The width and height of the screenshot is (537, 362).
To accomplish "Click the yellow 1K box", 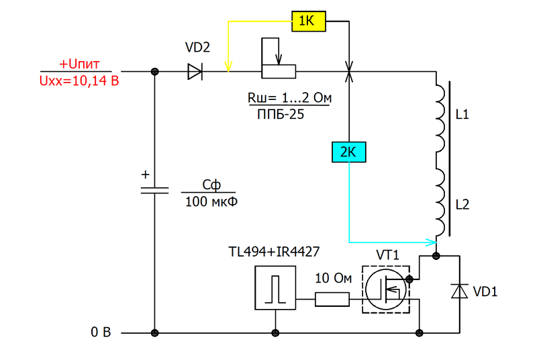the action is pos(309,21).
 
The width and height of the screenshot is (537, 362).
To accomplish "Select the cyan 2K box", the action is pos(349,152).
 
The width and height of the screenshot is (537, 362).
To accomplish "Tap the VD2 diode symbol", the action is pos(195,72).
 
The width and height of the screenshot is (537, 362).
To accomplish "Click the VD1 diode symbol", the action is pos(459,291).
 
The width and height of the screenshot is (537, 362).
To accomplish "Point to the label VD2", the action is pos(197,47).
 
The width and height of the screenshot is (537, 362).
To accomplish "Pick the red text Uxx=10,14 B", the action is pos(79,81).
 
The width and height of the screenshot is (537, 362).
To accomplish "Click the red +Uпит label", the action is pos(79,64).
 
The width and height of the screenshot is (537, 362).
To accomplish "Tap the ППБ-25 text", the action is pos(281,114).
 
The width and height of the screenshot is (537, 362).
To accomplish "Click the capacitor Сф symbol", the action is pos(154,191).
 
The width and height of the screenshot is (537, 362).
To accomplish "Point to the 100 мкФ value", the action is pos(211,201).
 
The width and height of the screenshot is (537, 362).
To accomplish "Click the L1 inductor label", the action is pos(462,114).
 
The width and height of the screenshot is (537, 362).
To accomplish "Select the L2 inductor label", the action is pos(462,205).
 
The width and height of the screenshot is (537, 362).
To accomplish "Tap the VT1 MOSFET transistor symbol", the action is pos(386,289).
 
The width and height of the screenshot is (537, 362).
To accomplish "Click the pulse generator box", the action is pos(275,288).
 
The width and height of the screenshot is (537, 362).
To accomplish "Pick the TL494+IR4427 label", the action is pos(274,252).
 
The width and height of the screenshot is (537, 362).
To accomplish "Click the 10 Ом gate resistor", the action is pos(332,300).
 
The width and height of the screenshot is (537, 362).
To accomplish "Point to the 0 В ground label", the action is pos(101,332).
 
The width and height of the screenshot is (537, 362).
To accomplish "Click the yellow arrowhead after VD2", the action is pos(228,66).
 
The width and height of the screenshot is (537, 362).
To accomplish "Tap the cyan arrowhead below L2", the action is pos(431,242).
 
